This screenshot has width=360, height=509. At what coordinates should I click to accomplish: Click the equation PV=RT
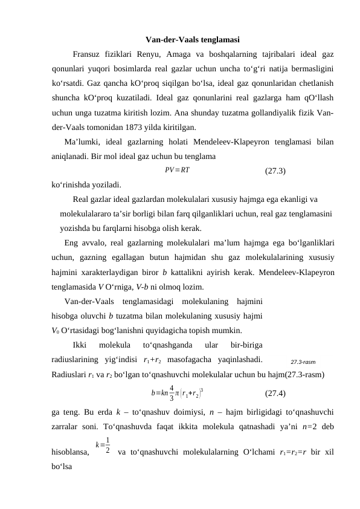click(177, 169)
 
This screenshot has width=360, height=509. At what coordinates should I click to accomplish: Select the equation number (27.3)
click(275, 170)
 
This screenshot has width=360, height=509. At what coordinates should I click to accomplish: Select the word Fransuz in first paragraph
click(86, 55)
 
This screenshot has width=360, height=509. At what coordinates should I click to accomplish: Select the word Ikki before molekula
click(80, 345)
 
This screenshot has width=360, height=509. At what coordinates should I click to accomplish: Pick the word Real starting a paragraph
click(82, 198)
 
